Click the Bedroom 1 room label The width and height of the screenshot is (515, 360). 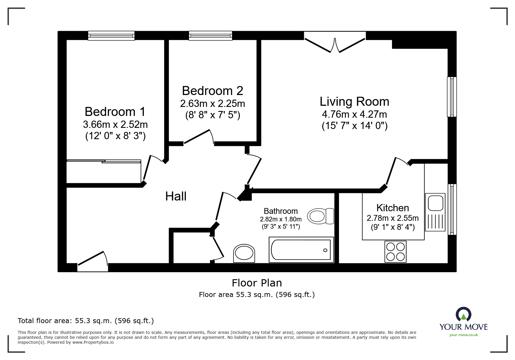tap(115, 112)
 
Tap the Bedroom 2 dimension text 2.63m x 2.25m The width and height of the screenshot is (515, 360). tap(212, 104)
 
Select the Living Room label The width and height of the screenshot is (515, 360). tap(354, 102)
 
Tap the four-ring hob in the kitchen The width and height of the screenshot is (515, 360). tap(395, 252)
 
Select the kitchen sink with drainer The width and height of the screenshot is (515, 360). tap(435, 212)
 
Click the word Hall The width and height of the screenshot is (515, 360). tap(176, 197)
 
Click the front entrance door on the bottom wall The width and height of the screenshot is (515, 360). tap(92, 260)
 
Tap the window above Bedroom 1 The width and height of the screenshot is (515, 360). tap(111, 35)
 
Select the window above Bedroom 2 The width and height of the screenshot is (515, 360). tap(211, 35)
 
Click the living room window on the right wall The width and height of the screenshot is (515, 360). tap(452, 97)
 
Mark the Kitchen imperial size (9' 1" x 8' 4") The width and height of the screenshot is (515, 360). tap(393, 227)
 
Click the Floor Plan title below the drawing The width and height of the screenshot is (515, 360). tap(257, 283)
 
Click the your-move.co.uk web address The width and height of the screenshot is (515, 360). tap(464, 335)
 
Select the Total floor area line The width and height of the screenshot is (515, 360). tap(86, 321)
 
